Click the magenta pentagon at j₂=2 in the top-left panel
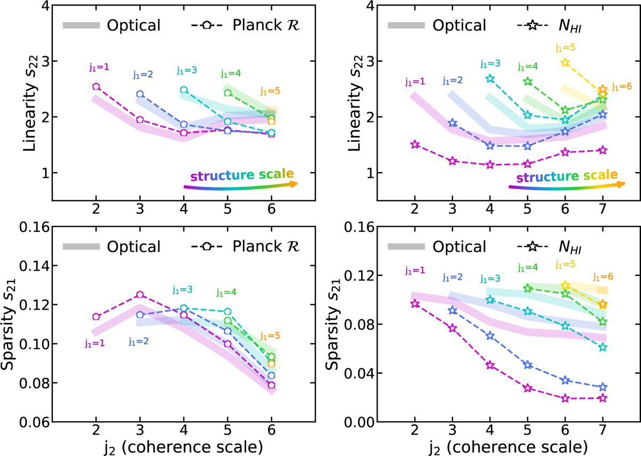pos(96,87)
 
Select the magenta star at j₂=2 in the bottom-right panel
pos(415,304)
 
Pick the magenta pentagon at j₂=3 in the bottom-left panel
pos(140,295)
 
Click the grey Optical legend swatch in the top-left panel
pos(81,25)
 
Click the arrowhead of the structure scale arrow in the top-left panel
pos(293,183)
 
